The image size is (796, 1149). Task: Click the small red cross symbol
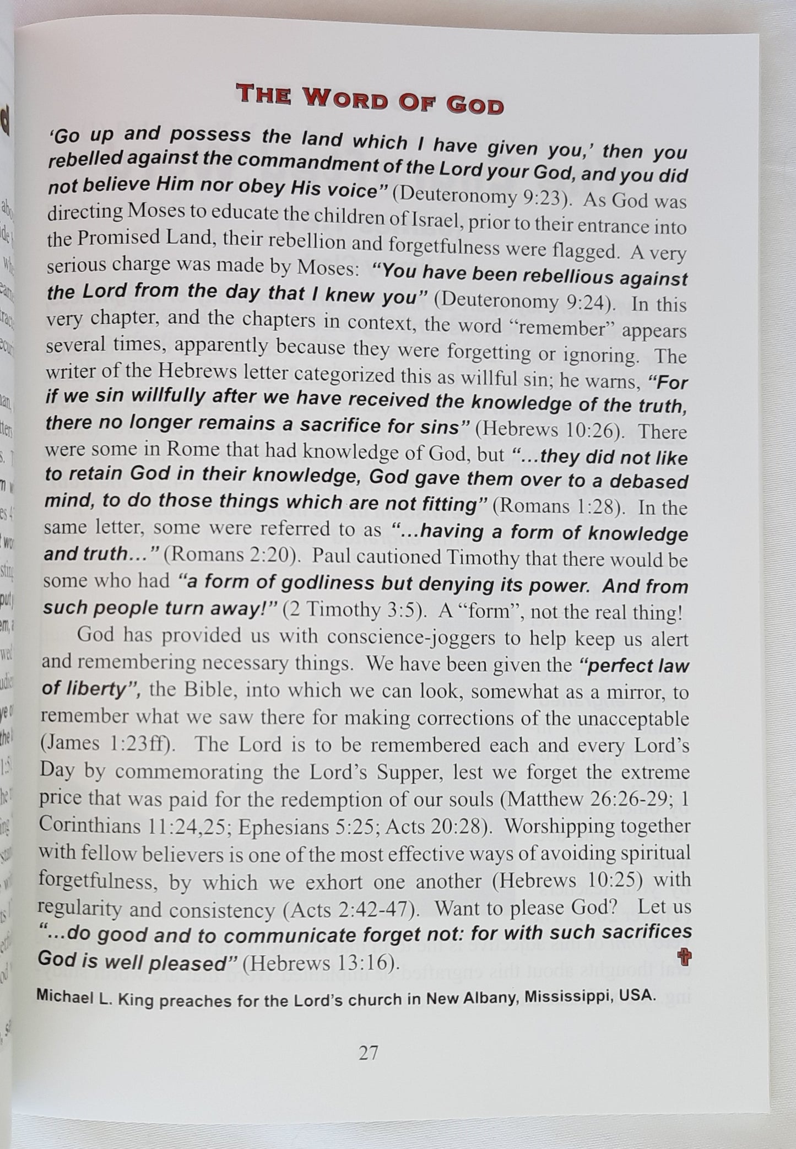point(685,958)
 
